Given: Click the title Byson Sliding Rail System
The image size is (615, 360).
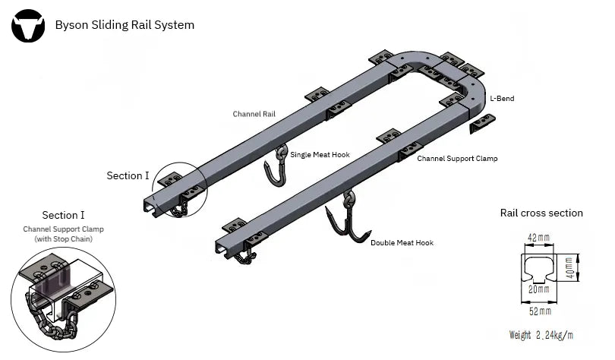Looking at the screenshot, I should click(x=125, y=25).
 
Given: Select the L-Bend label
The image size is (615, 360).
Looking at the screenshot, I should click(x=502, y=99).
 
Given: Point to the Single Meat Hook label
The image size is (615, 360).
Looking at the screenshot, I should click(x=320, y=155).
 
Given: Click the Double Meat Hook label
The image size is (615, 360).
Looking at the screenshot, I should click(x=402, y=243).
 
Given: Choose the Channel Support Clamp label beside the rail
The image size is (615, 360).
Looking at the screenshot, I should click(x=457, y=159).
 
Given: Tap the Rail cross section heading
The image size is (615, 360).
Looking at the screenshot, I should click(x=541, y=213).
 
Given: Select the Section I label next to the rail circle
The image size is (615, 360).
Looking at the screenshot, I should click(x=128, y=176).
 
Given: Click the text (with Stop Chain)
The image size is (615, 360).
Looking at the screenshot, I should click(x=63, y=239).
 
